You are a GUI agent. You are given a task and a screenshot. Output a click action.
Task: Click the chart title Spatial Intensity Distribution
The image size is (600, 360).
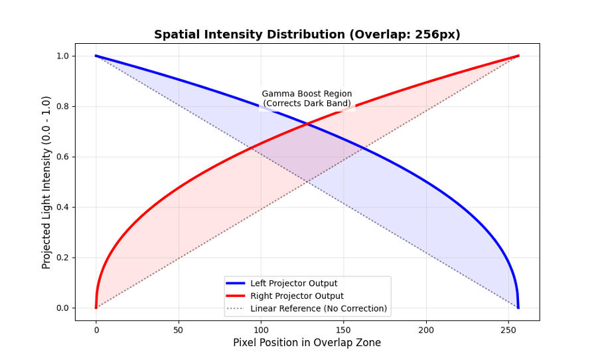(307, 35)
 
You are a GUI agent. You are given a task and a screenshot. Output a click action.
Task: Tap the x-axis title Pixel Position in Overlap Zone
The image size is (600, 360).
(307, 343)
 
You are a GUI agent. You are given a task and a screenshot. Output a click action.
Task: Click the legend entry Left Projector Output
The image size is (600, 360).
(293, 284)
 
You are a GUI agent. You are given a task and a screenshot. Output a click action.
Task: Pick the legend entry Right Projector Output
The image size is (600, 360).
(297, 296)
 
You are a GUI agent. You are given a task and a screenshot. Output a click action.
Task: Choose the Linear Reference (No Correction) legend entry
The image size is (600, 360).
(319, 309)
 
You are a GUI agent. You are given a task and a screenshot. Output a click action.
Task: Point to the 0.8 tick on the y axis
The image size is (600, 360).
(62, 106)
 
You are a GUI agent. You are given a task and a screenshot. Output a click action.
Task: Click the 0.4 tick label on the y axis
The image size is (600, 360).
(62, 207)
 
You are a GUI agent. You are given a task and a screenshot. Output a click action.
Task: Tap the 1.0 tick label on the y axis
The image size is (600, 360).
(62, 56)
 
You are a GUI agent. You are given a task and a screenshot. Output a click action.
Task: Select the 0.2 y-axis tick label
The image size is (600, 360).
(62, 258)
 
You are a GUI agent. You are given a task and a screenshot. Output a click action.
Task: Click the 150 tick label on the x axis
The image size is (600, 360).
(343, 330)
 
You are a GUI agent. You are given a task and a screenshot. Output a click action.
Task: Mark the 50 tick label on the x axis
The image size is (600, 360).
(179, 330)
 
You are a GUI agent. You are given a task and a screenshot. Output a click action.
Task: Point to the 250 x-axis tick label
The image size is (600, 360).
(508, 330)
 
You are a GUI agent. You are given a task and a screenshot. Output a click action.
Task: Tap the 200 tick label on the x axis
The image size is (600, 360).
(426, 330)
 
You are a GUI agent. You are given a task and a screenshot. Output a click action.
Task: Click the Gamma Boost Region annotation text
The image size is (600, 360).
(307, 98)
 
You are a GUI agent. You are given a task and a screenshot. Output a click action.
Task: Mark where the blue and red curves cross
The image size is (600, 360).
(307, 124)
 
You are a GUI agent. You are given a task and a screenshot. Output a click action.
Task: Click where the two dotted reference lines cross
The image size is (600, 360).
(307, 182)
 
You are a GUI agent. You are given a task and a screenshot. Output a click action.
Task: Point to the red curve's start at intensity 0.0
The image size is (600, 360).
(96, 308)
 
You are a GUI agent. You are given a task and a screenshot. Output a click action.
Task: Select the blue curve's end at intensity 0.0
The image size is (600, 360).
(518, 308)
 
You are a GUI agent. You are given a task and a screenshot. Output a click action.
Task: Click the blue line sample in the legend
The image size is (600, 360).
(235, 284)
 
